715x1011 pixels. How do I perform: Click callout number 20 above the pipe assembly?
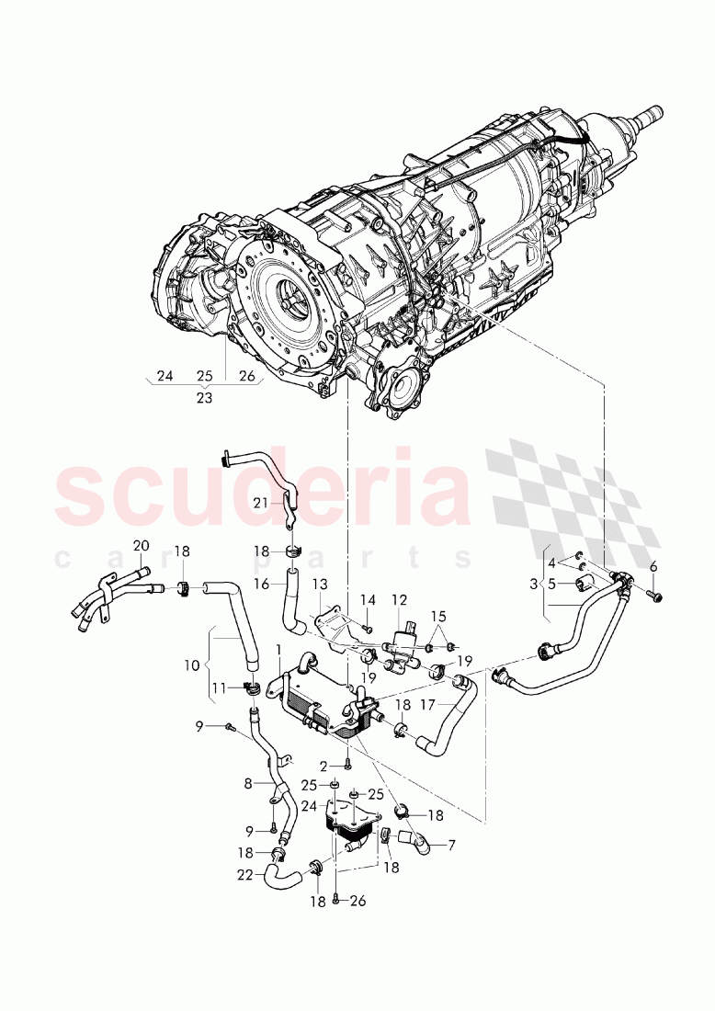pos(141,546)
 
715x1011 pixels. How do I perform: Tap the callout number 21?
pos(261,502)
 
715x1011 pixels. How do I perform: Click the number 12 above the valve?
pos(399,600)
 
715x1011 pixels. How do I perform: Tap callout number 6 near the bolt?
pos(653,566)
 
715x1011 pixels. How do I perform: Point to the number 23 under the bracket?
pos(203,399)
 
